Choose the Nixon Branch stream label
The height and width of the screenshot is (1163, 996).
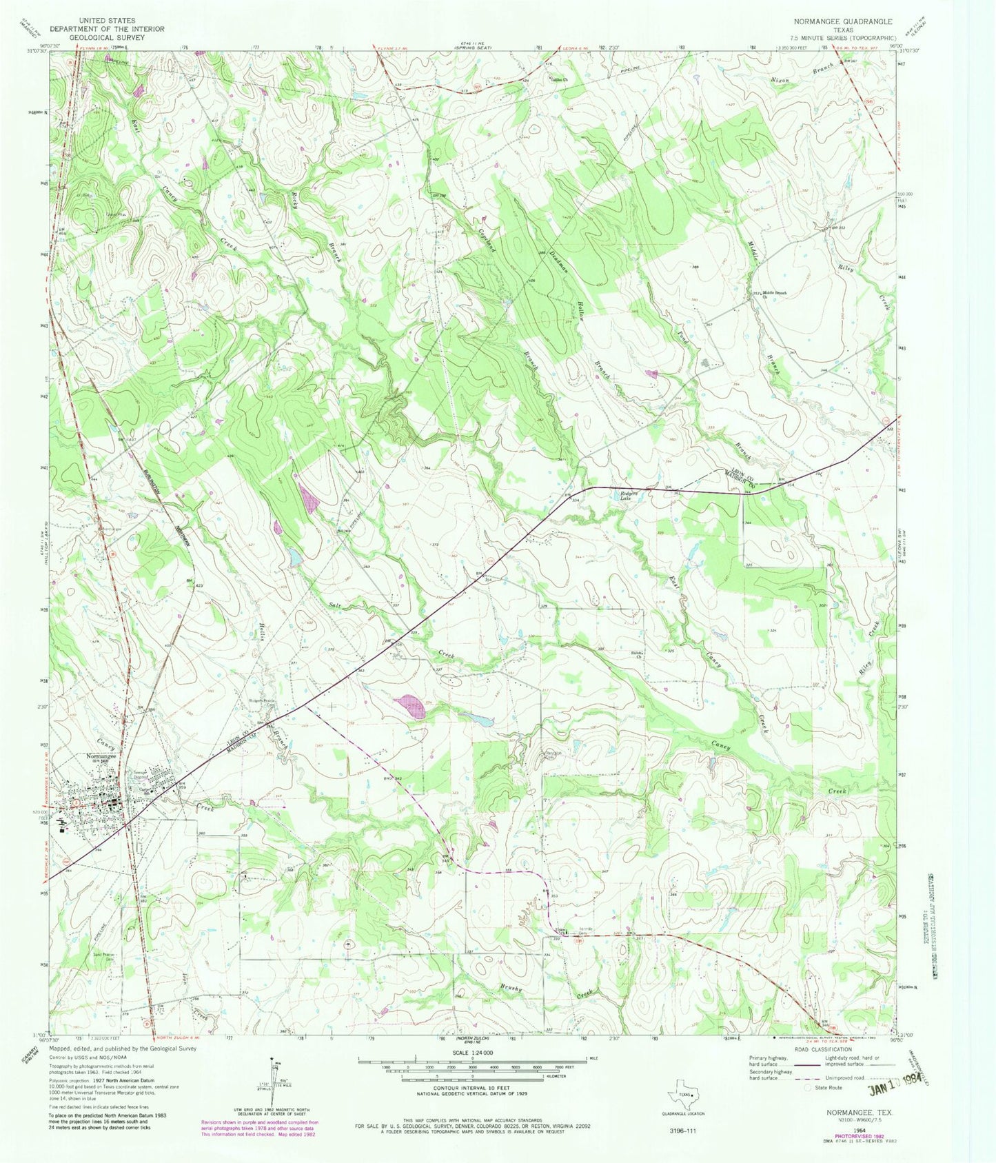(x=802, y=74)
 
